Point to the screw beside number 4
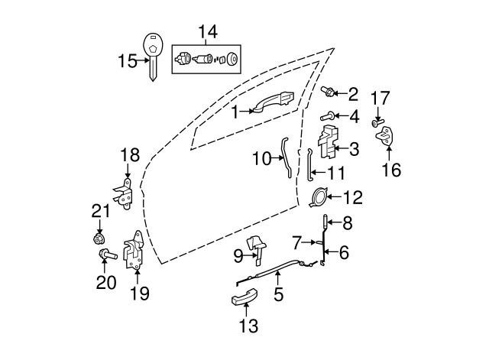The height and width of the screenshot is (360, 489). coord(325,117)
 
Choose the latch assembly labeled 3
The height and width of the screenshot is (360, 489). coord(329,146)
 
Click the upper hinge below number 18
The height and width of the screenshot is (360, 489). coord(128,193)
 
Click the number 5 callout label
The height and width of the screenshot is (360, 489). coord(278,293)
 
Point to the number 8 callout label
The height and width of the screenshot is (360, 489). coord(347,223)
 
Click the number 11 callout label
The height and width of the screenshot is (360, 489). coord(336,173)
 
